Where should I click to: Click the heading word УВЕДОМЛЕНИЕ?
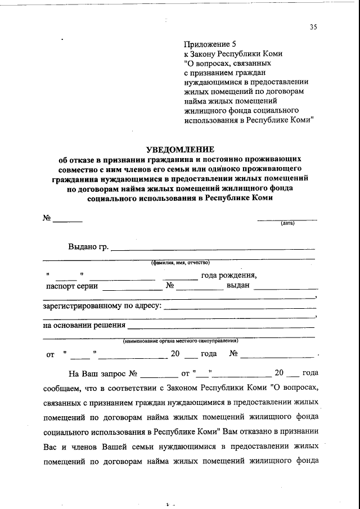click(x=180, y=150)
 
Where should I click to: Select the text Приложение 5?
click(x=206, y=44)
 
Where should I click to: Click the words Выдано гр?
click(x=88, y=246)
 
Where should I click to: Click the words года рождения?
click(x=229, y=275)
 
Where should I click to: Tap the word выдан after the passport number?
click(x=238, y=286)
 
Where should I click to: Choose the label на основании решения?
click(x=84, y=326)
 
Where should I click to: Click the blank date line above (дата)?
click(x=287, y=218)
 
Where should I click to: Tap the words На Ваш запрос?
click(x=97, y=373)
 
